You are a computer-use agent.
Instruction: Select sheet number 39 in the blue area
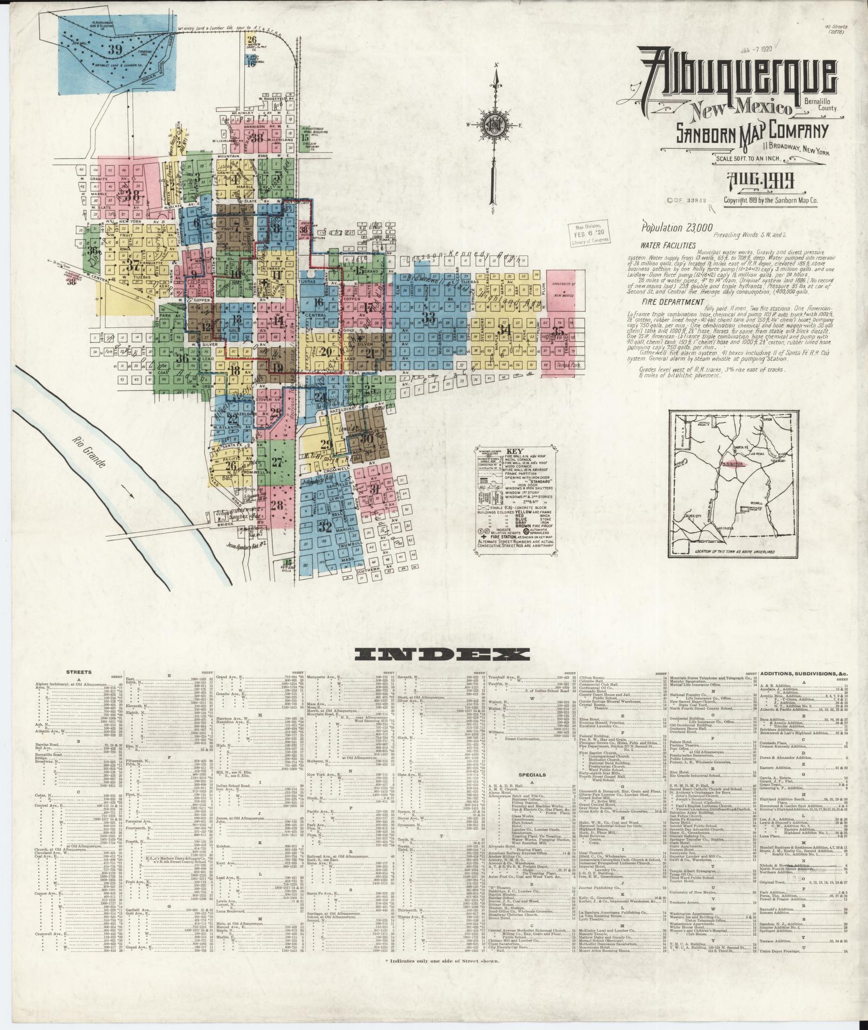tap(114, 50)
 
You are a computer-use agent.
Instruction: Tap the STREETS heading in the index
tap(79, 672)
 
